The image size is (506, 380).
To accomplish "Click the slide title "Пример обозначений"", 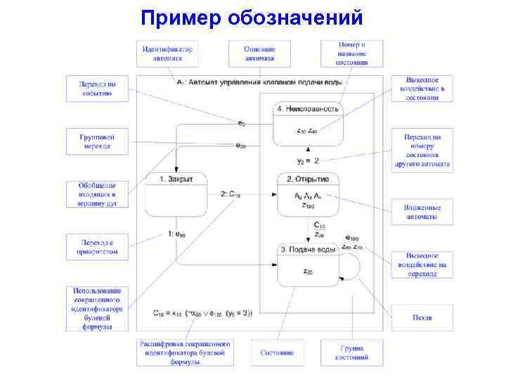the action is tap(252, 17).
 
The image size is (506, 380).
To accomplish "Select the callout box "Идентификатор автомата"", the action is tap(167, 53).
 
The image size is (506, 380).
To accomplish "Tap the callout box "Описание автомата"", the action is tap(259, 53).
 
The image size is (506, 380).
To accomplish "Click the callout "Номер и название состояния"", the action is tap(352, 53).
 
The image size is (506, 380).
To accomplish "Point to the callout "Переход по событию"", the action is tap(97, 89).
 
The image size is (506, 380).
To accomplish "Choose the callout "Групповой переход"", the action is tap(97, 141).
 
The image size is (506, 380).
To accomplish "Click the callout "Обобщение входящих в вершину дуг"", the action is tap(97, 194).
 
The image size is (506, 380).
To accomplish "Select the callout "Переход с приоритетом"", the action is tap(97, 247).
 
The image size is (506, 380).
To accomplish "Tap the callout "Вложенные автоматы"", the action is tap(422, 213).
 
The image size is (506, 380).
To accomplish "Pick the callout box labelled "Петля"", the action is tap(422, 318).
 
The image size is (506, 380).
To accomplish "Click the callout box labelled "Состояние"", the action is tap(277, 353).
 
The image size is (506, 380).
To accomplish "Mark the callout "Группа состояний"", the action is tap(352, 353).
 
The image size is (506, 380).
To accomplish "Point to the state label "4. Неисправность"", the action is tap(308, 109).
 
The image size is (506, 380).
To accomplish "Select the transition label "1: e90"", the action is tap(177, 233).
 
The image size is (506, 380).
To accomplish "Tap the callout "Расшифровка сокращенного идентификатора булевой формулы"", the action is tap(185, 353).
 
